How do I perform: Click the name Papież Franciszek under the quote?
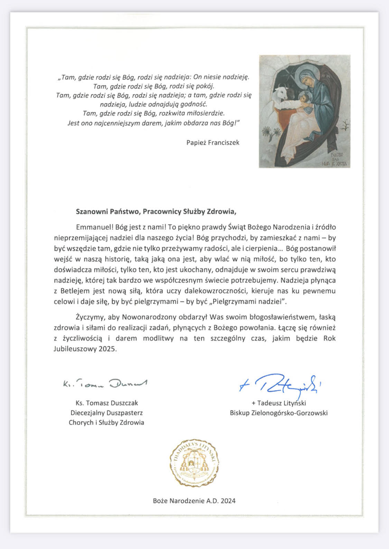click(213, 142)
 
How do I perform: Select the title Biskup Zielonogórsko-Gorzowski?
click(279, 413)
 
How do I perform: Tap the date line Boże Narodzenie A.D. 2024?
click(194, 500)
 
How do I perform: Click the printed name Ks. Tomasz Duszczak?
click(106, 403)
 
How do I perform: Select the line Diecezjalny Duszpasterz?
click(106, 413)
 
